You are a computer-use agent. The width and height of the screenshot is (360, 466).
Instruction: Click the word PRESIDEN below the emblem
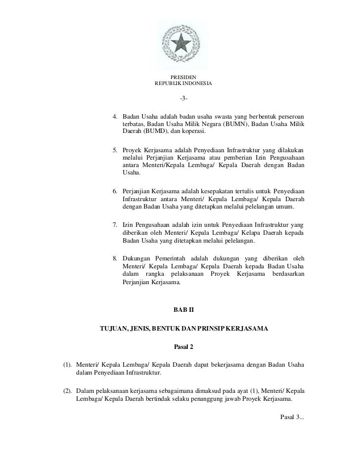(x=183, y=77)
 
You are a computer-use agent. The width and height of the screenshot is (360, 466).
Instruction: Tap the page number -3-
(x=183, y=98)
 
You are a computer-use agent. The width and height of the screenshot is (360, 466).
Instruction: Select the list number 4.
(x=115, y=116)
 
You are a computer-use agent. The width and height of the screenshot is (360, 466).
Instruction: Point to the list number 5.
(x=115, y=150)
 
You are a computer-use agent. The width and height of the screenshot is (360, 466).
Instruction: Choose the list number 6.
(x=115, y=191)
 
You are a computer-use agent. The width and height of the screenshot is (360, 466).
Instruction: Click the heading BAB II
(x=183, y=309)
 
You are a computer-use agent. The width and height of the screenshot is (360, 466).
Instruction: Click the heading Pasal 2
(x=183, y=346)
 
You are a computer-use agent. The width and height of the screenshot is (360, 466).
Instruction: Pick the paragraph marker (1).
(x=68, y=365)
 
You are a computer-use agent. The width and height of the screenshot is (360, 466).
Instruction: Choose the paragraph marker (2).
(x=68, y=391)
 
